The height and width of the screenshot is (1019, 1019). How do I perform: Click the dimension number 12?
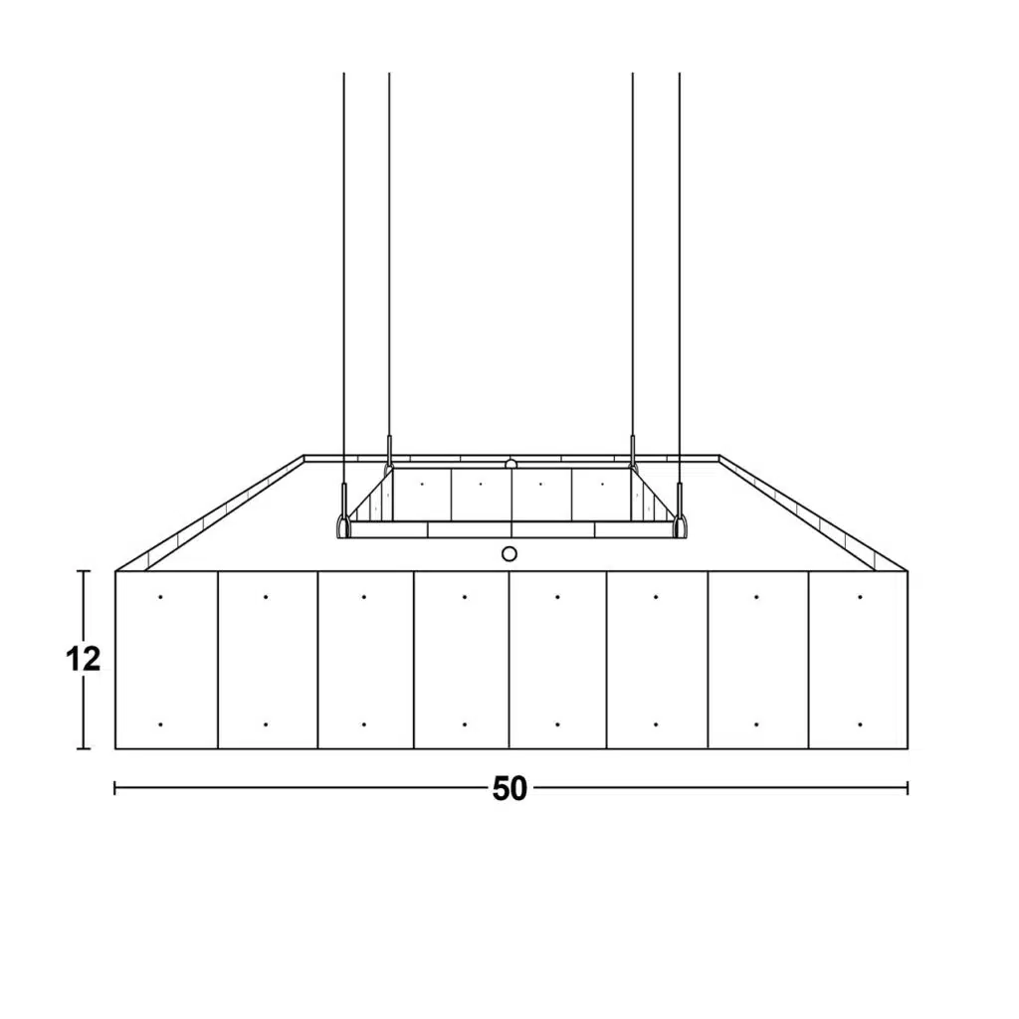[x=84, y=659]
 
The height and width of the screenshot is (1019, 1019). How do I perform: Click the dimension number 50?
[x=509, y=788]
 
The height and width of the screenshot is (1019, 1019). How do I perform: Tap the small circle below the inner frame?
[x=509, y=553]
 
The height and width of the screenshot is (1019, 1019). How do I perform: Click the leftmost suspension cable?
[x=343, y=280]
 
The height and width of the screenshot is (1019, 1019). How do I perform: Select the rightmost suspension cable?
[x=679, y=280]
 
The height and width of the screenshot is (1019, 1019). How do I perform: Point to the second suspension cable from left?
[x=389, y=255]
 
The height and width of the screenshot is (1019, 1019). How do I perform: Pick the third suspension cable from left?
[x=632, y=255]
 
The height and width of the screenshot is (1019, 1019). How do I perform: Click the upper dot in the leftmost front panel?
[x=160, y=597]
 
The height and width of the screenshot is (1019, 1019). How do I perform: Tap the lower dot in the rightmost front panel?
[x=860, y=724]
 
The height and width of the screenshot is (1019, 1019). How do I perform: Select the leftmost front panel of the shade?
[x=166, y=660]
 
